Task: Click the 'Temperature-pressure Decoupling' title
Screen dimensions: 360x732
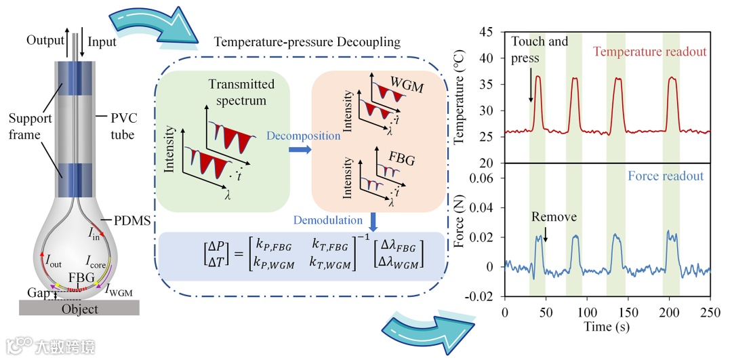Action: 307,42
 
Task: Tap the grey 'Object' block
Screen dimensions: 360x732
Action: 80,308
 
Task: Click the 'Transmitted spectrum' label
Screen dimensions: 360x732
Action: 241,92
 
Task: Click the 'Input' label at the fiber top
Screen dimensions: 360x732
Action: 102,41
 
